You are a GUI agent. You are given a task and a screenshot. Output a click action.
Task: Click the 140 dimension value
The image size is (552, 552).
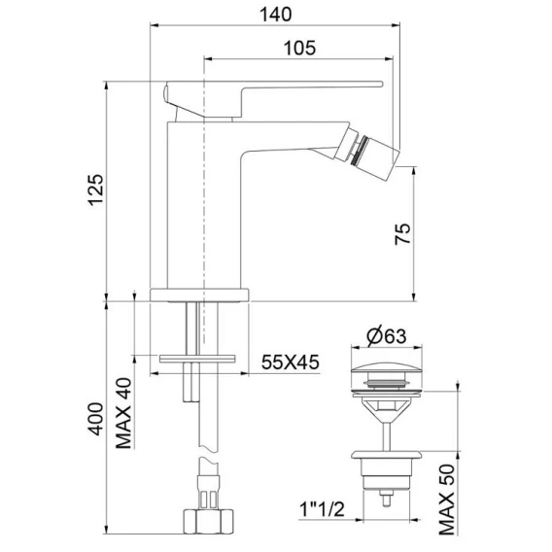276,15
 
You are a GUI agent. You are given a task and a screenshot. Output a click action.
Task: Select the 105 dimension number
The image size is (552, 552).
300,48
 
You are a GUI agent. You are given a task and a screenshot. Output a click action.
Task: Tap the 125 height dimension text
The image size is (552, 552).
96,190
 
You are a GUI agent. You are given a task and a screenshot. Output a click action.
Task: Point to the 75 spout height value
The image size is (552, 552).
402,233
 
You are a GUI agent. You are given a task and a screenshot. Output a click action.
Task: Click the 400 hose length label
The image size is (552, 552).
95,419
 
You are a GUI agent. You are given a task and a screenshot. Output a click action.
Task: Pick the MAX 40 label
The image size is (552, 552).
124,413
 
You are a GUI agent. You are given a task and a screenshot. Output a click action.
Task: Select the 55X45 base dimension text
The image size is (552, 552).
291,362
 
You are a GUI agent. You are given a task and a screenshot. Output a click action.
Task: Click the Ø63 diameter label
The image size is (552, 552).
387,336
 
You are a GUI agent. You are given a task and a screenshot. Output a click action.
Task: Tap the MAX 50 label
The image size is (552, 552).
447,500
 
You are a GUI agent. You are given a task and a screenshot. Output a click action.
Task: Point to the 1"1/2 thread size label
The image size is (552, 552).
322,509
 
